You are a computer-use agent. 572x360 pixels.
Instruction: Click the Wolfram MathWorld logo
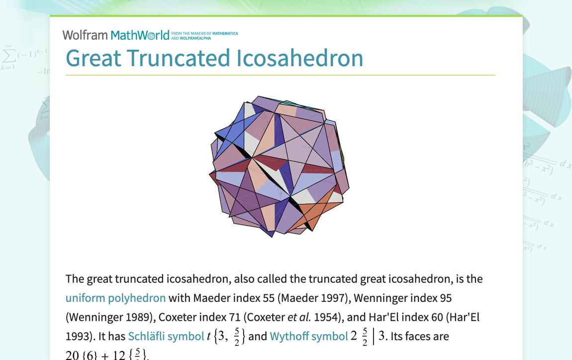116,35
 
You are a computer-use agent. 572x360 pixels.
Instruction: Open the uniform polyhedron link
115,298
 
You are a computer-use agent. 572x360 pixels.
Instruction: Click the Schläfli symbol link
166,336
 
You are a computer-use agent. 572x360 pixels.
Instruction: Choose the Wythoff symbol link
308,336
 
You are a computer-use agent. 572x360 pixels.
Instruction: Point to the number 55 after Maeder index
267,298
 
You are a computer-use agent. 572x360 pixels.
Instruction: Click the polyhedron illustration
279,167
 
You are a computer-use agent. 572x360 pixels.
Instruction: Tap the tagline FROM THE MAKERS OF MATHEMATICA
204,33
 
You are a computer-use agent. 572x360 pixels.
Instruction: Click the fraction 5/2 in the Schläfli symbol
237,336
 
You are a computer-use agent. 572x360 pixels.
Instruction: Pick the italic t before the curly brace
208,337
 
